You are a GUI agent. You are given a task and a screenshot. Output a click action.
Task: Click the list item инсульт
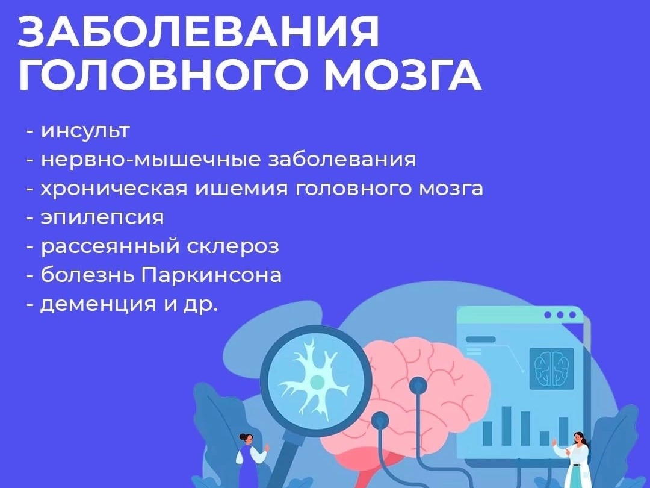[x=85, y=131]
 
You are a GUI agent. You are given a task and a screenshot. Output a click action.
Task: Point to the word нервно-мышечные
[x=150, y=160]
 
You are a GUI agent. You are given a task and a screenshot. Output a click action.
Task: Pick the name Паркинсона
[x=211, y=275]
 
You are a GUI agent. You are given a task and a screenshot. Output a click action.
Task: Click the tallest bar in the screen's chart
[x=507, y=425]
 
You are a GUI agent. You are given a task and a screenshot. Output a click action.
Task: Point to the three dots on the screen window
[x=560, y=315]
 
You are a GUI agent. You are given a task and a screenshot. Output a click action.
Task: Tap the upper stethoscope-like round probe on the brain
[x=418, y=386]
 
